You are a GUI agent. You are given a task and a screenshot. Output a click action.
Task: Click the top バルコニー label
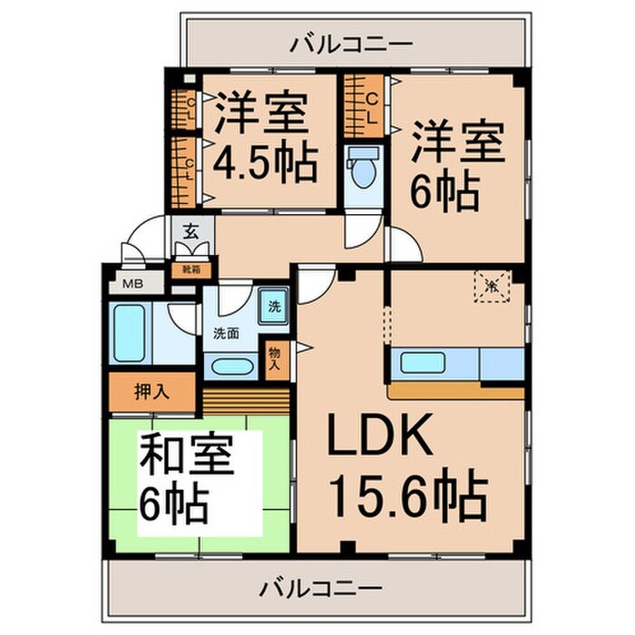(352, 43)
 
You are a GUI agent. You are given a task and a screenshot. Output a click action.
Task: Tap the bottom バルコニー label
(321, 587)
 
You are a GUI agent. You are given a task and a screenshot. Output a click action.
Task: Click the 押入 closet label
(152, 392)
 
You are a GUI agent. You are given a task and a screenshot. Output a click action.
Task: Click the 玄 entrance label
(191, 232)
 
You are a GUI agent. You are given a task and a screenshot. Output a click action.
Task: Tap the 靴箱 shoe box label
(191, 269)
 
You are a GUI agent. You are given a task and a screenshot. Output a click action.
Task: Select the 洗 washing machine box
(275, 306)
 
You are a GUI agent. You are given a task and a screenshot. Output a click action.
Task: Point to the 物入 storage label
(275, 359)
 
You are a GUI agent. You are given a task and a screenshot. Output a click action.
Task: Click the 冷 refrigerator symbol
(491, 287)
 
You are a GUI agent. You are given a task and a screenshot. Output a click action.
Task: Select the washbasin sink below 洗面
(226, 366)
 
